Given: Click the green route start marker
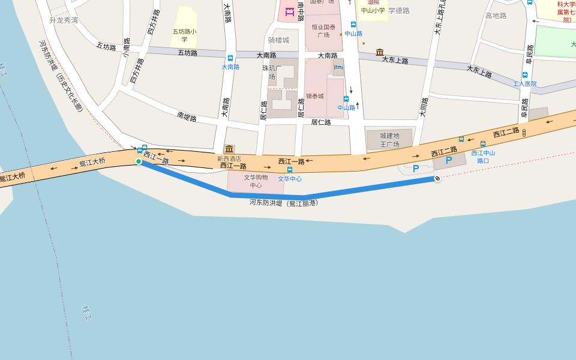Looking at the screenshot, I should pos(139,161).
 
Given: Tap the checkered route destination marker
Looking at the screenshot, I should pos(437,178).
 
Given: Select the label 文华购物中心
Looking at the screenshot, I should pos(256,181).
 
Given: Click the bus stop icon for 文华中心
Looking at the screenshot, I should pos(290,170).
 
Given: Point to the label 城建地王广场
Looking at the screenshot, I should pos(389,140).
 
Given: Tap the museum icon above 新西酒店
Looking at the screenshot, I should pos(229,149).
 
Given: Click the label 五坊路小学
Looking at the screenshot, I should pos(184,35).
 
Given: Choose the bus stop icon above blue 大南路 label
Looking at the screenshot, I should pos(230,58).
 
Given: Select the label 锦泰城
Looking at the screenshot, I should pos(314,96).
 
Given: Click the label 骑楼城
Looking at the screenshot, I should pos(278,40).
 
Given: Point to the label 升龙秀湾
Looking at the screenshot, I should pos(64,20).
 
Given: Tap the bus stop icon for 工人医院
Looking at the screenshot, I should pos(525,75).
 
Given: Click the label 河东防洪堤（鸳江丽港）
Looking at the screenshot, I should pos(283,203).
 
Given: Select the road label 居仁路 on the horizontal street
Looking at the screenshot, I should pos(321,122).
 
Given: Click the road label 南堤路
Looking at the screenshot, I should pos(187,117).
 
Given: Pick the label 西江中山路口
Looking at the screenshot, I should pos(483,157).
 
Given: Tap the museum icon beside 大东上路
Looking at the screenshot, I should pos(380,52).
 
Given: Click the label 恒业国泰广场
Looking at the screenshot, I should pos(323,31).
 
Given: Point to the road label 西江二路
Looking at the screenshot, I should pos(506,133).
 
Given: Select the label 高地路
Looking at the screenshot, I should pos(496,16).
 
